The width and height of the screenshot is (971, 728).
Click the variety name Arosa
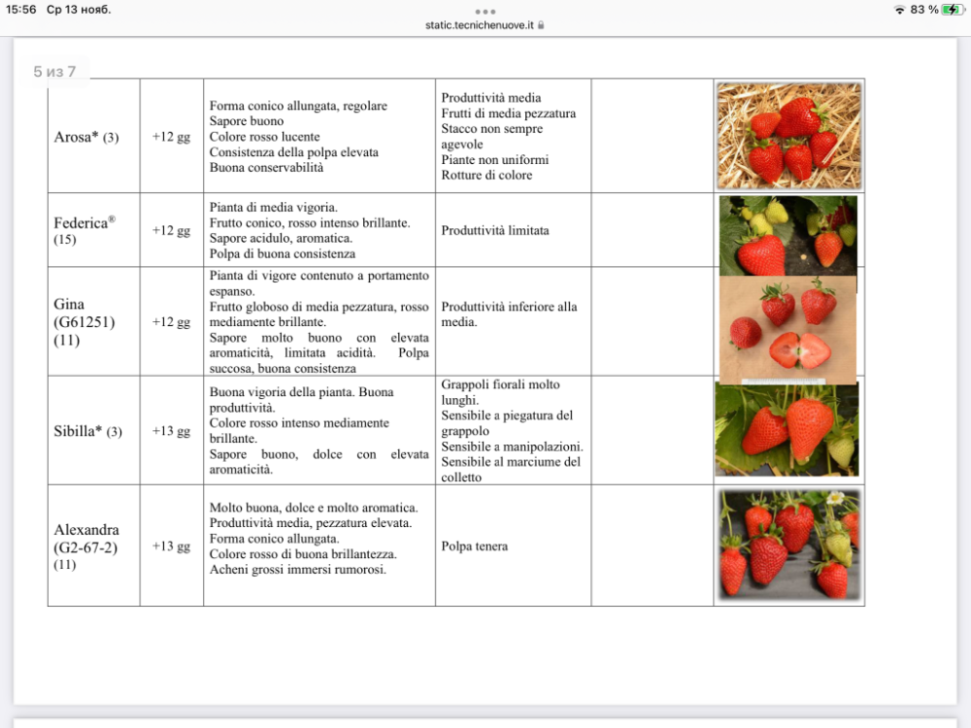coord(77,137)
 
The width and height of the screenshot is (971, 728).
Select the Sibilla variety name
coord(79,431)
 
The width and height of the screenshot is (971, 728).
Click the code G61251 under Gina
coord(84,322)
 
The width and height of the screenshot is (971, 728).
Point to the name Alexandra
coord(86,530)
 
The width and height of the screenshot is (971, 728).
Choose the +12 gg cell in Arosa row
coord(171,137)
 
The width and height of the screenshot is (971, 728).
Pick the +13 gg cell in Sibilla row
coord(171,431)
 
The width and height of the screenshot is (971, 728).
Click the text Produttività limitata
coord(495,231)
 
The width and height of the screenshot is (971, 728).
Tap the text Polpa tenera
coord(475,546)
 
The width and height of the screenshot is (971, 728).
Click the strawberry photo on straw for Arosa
coord(788,135)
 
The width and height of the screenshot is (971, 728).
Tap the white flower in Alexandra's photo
coord(834,499)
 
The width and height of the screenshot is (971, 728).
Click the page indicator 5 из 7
coord(54,72)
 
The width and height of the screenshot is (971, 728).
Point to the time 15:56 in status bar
coord(20,10)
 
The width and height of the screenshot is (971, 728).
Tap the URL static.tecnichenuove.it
coord(480,25)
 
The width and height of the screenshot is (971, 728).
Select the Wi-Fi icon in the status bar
coord(900,10)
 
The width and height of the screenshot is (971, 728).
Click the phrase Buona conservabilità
coord(266,167)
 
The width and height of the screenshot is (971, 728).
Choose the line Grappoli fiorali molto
coord(500,384)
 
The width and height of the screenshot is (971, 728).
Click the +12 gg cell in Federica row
coord(171,231)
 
